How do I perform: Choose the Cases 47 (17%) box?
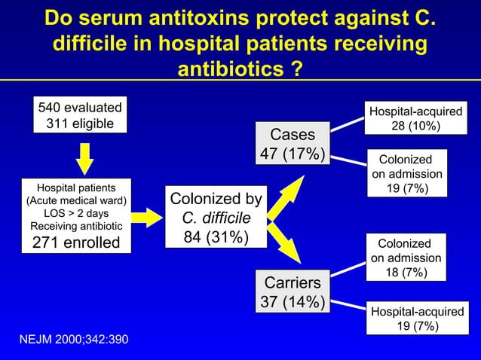(293, 144)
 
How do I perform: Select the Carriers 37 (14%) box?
(293, 292)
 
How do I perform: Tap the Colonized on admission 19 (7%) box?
(406, 174)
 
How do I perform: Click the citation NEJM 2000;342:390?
(73, 340)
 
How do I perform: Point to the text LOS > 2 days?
(76, 213)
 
